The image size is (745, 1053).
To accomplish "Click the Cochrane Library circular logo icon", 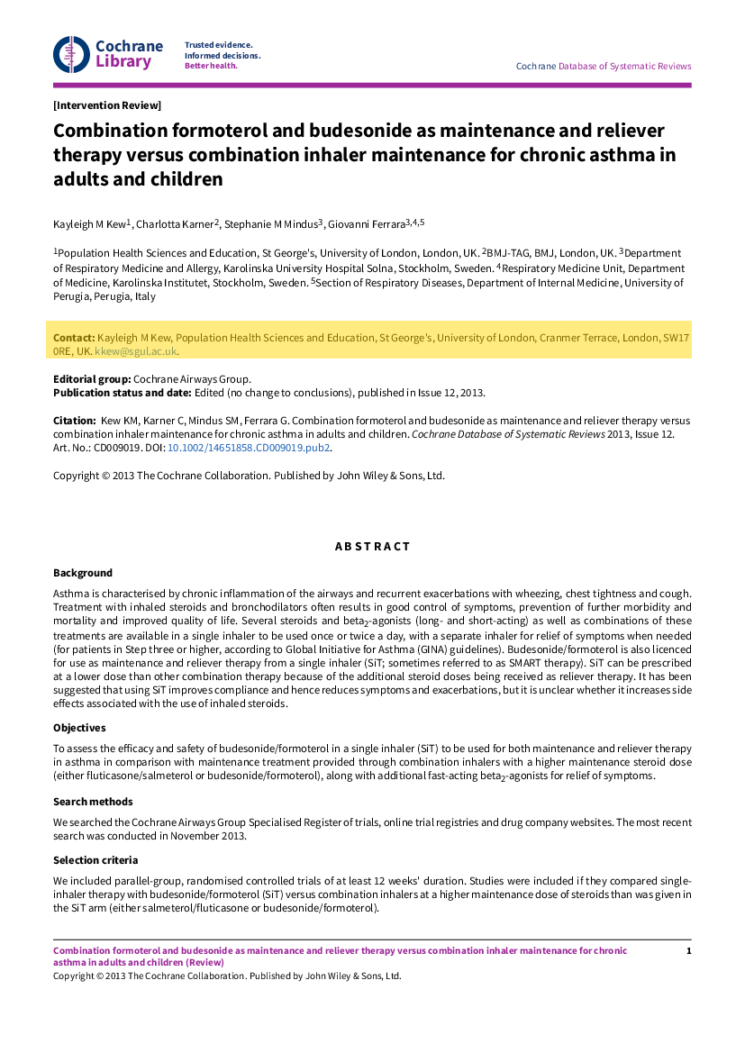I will pyautogui.click(x=70, y=54).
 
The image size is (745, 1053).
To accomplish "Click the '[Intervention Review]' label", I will pyautogui.click(x=107, y=105).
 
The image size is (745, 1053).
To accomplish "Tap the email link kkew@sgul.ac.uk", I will pyautogui.click(x=136, y=351).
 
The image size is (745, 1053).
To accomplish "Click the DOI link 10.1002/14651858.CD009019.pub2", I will pyautogui.click(x=250, y=447).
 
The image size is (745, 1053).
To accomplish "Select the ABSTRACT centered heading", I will pyautogui.click(x=372, y=547).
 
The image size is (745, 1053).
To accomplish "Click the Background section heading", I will pyautogui.click(x=83, y=573).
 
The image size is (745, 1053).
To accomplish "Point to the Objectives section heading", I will pyautogui.click(x=79, y=728).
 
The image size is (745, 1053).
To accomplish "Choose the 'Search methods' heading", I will pyautogui.click(x=93, y=802).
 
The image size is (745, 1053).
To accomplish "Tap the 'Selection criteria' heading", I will pyautogui.click(x=95, y=860).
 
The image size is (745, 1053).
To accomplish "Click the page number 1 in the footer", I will pyautogui.click(x=688, y=951).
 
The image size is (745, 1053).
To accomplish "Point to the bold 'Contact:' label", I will pyautogui.click(x=74, y=338).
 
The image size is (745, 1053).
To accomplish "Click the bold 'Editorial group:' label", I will pyautogui.click(x=92, y=379).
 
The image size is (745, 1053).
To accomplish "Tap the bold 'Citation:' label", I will pyautogui.click(x=74, y=421).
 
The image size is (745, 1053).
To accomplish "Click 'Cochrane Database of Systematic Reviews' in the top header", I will pyautogui.click(x=604, y=66).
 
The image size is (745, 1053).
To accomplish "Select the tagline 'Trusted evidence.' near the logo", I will pyautogui.click(x=218, y=44).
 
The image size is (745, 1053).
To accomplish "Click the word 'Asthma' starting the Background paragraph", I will pyautogui.click(x=70, y=594).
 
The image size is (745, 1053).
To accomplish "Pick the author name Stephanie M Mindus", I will pyautogui.click(x=270, y=223).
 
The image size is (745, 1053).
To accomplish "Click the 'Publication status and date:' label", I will pyautogui.click(x=122, y=393).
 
